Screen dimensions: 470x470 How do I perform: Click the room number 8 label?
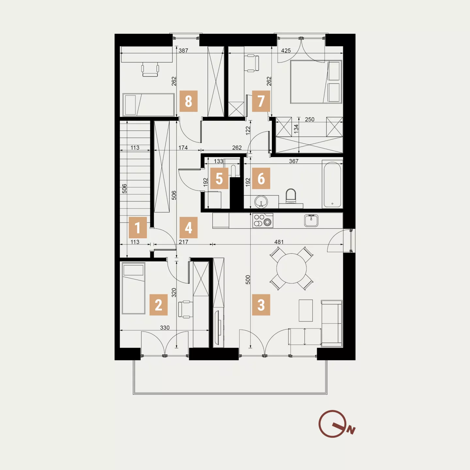[188, 101]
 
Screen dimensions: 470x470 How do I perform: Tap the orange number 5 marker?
[219, 178]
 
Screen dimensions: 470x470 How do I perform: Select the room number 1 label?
[138, 227]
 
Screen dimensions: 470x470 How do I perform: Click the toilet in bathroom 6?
[290, 196]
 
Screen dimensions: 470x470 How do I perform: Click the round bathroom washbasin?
[261, 202]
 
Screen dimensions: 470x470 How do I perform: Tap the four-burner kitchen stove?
[263, 220]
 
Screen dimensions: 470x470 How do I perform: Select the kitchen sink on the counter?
[311, 221]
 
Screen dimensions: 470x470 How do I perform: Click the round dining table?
[291, 268]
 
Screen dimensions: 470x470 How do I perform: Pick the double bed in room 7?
[316, 82]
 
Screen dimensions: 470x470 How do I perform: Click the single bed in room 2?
[133, 288]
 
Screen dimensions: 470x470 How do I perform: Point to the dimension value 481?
[279, 242]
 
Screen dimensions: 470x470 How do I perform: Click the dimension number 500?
[248, 279]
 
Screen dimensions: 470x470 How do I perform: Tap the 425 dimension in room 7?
[286, 51]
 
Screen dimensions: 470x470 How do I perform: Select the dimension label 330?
[164, 328]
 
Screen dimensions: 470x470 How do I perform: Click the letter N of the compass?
[351, 431]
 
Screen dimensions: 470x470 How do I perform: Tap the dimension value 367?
[294, 161]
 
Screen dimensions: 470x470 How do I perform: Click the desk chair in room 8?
[150, 69]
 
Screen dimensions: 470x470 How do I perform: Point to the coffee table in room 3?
[305, 310]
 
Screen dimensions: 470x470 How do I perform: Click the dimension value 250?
[309, 119]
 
